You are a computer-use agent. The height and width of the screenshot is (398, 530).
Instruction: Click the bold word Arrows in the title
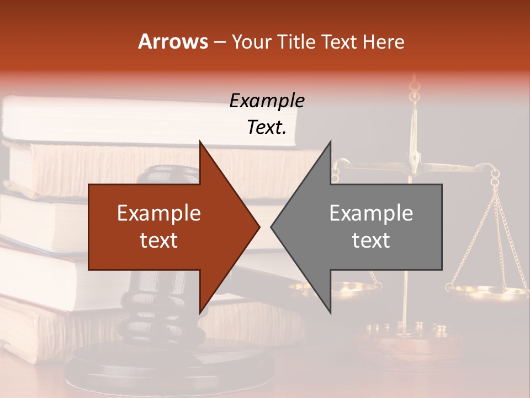tap(173, 41)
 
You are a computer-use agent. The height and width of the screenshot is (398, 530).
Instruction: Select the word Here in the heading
tap(383, 41)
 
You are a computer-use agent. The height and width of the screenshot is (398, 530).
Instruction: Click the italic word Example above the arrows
tap(267, 101)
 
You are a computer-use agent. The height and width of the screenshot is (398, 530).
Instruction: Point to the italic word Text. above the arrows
tap(267, 127)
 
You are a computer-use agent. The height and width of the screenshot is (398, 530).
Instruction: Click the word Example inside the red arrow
tap(159, 213)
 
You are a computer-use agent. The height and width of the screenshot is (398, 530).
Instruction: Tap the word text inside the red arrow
tap(159, 240)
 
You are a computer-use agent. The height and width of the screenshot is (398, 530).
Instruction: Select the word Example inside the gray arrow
tap(371, 213)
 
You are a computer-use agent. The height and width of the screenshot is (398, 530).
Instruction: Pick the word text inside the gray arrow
tap(371, 240)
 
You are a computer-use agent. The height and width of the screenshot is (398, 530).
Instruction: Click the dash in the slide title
tap(220, 41)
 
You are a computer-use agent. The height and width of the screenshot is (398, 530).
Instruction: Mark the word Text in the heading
tap(339, 41)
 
